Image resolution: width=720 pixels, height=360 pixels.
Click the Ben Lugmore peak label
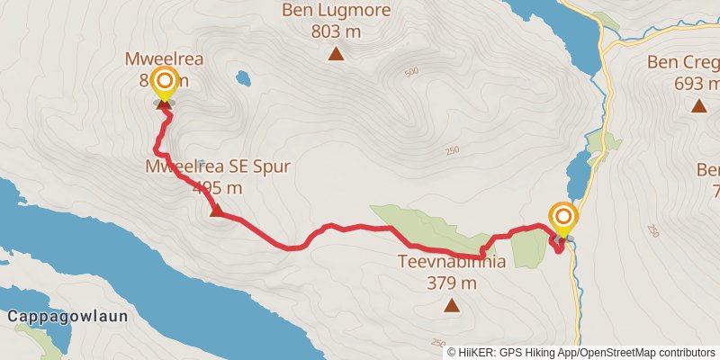[336, 11]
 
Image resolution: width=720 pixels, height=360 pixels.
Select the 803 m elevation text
[336, 31]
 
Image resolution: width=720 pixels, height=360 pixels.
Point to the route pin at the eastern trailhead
[563, 218]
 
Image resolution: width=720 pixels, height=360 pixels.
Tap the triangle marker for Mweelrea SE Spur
[216, 211]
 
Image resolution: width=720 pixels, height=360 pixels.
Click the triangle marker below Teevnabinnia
[452, 306]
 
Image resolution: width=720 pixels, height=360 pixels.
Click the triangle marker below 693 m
[698, 106]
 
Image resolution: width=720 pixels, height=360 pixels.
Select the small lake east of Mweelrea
[243, 78]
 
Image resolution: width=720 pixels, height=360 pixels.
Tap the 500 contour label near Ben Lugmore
[412, 71]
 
